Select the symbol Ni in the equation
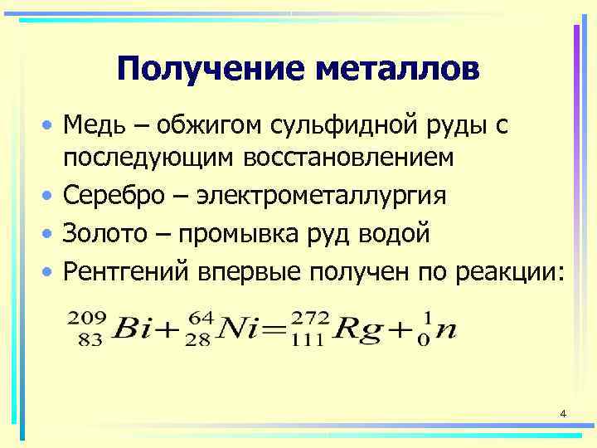click(x=243, y=329)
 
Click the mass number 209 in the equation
click(x=85, y=316)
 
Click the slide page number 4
click(x=563, y=413)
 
